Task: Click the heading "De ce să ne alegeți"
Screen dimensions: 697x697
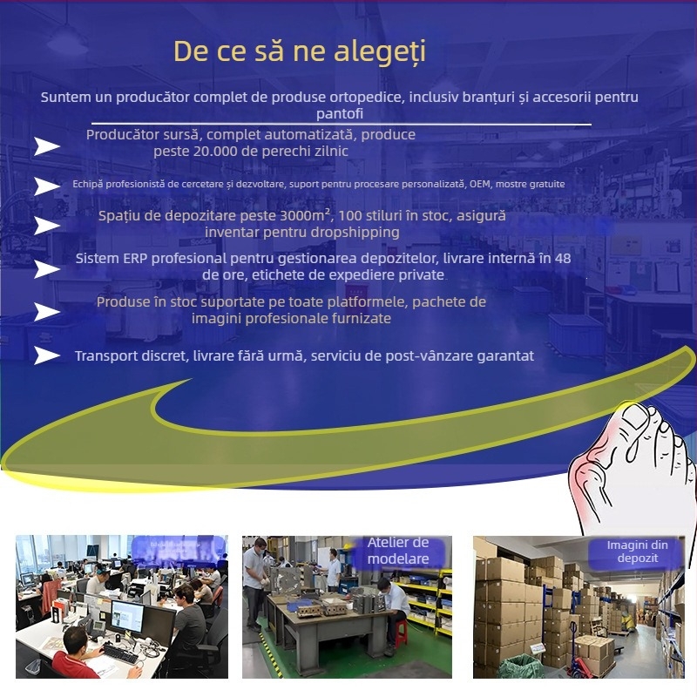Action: click(299, 51)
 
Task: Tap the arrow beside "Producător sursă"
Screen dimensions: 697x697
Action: click(46, 145)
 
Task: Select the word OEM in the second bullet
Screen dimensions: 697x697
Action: click(480, 185)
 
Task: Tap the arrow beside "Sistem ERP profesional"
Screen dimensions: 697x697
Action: click(46, 269)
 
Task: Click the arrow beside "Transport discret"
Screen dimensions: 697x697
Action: click(46, 355)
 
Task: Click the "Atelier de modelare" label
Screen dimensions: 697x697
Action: click(398, 551)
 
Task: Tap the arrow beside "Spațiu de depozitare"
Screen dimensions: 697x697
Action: click(46, 226)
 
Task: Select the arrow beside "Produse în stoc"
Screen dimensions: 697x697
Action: click(46, 312)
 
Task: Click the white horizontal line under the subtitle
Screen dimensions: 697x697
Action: click(340, 125)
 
